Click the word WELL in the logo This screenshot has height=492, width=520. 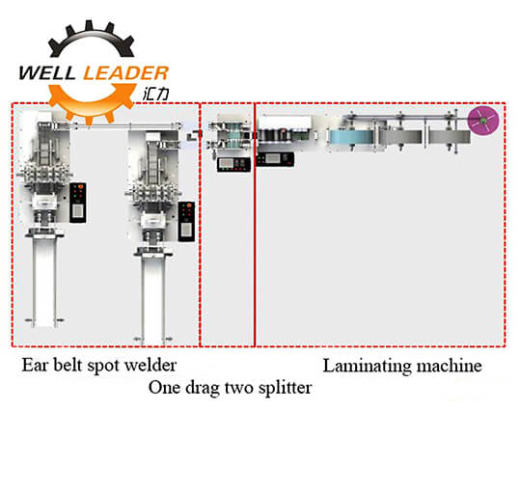click(48, 73)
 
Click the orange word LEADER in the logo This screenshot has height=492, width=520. click(126, 73)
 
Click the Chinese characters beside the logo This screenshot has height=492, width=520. click(156, 95)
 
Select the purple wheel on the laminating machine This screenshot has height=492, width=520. click(483, 121)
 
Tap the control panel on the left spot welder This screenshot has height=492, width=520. click(78, 203)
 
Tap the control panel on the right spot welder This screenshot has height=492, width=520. click(186, 221)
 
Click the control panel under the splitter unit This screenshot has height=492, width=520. click(233, 164)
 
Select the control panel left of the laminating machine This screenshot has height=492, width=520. click(275, 159)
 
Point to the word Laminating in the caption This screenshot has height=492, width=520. click(368, 367)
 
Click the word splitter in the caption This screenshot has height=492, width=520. click(286, 388)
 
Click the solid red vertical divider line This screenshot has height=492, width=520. click(255, 225)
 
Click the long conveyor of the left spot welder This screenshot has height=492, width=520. click(44, 282)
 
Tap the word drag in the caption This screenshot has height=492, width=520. click(202, 388)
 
